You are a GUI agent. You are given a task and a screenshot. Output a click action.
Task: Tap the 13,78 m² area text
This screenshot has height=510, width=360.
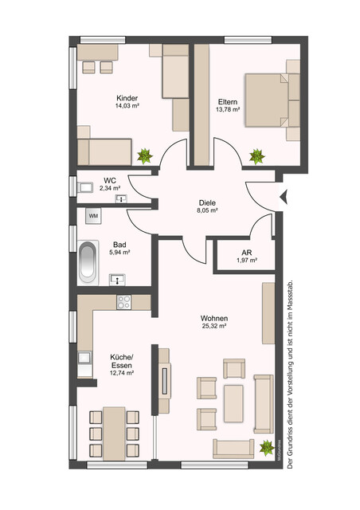click(x=229, y=112)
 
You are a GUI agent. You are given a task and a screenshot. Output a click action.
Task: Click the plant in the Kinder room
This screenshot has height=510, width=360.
click(x=145, y=155)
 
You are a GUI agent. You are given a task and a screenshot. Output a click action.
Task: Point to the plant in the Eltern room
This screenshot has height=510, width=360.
click(x=256, y=155)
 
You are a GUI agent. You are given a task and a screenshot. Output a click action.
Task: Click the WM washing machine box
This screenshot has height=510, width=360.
click(x=93, y=215)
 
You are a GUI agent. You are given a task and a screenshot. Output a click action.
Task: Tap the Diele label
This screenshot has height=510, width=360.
click(x=207, y=202)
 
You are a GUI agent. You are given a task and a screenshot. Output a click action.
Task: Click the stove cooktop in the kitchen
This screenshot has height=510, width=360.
click(x=124, y=301)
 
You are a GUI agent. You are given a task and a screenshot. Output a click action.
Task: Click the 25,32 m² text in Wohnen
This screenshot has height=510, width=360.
click(x=213, y=326)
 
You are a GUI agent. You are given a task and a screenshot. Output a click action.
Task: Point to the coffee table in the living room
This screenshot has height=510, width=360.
click(x=233, y=404)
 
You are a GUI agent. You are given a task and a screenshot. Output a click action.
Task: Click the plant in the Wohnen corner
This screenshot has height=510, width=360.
click(x=264, y=449)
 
